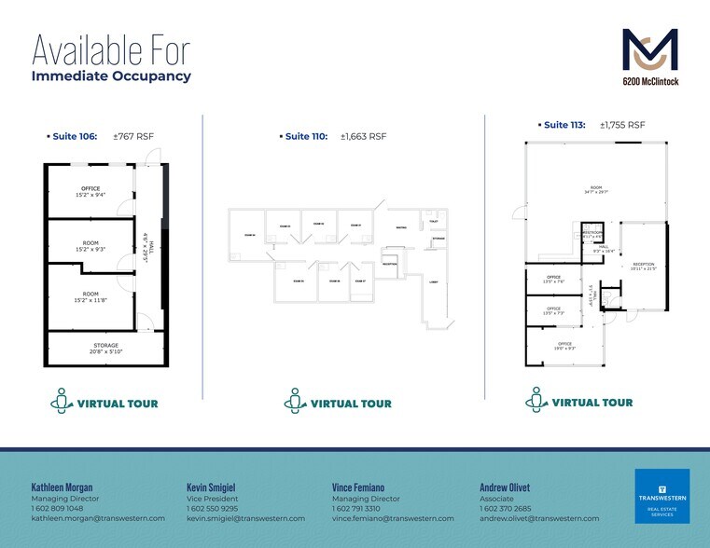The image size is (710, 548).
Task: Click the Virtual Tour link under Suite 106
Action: [x=104, y=403]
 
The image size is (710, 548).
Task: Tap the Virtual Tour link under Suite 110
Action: [x=338, y=403]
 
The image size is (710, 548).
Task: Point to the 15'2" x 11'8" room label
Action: [x=90, y=296]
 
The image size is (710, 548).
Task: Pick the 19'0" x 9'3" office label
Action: [x=564, y=346]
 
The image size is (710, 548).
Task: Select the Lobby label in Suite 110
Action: [x=433, y=281]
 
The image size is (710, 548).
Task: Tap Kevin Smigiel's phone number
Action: [x=212, y=509]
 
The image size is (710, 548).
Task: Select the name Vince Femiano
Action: [x=358, y=486]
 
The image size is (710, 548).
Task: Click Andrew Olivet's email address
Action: [x=538, y=518]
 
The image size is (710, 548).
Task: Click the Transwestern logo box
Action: [x=661, y=496]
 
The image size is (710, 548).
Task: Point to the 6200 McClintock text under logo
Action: [x=650, y=82]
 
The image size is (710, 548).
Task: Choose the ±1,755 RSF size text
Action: [x=622, y=125]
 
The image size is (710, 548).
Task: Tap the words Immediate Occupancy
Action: [x=111, y=76]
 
